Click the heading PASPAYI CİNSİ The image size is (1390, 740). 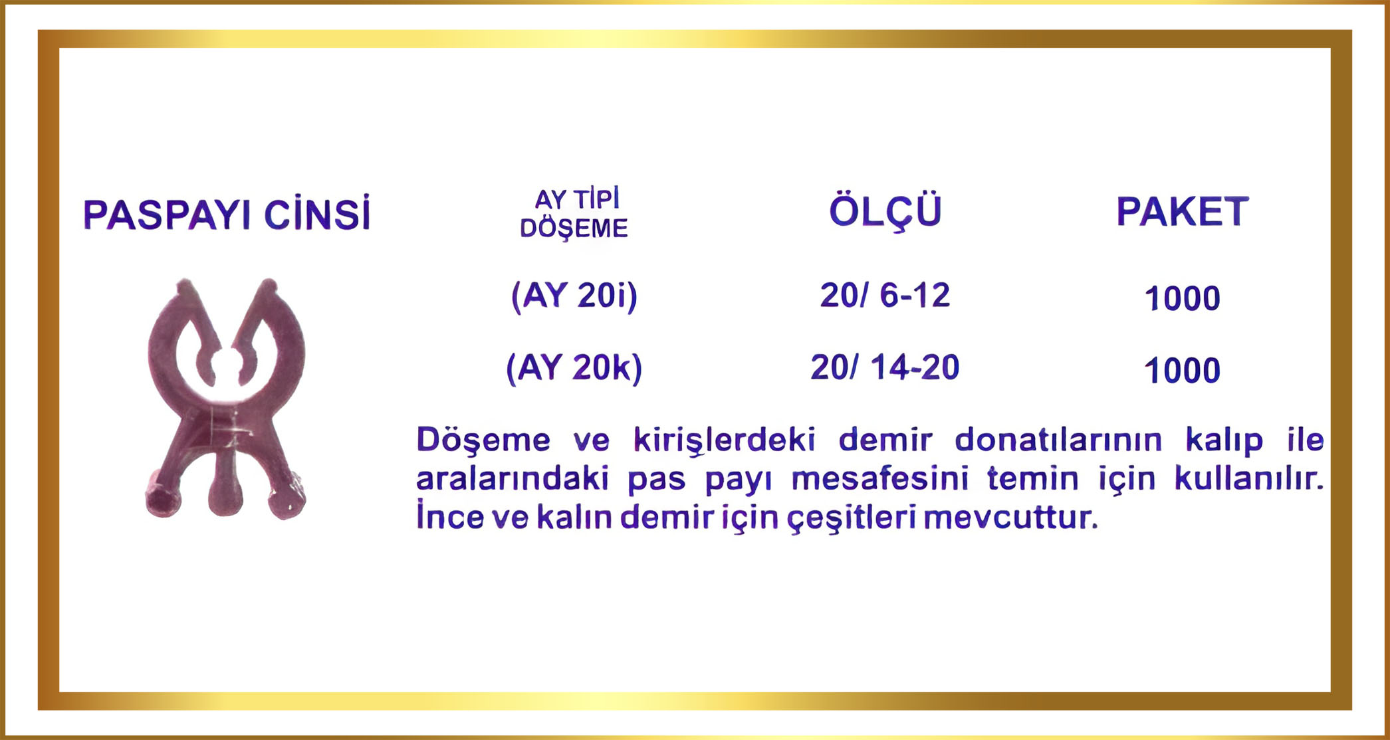pyautogui.click(x=227, y=214)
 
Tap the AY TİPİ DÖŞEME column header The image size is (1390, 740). pyautogui.click(x=574, y=213)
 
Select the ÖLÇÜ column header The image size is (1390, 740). pyautogui.click(x=885, y=211)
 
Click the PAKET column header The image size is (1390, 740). pyautogui.click(x=1182, y=212)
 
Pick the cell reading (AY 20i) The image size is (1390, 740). pyautogui.click(x=574, y=296)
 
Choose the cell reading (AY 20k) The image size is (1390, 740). pyautogui.click(x=574, y=368)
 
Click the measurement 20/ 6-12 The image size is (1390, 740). pyautogui.click(x=885, y=295)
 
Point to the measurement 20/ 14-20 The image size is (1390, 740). pyautogui.click(x=885, y=367)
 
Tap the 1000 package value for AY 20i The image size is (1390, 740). pyautogui.click(x=1182, y=298)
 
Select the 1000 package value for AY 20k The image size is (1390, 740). pyautogui.click(x=1182, y=371)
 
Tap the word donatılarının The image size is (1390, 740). pyautogui.click(x=1058, y=440)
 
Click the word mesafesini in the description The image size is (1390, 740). pyautogui.click(x=879, y=478)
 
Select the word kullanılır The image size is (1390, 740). pyautogui.click(x=1248, y=478)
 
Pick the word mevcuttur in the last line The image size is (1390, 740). pyautogui.click(x=1010, y=517)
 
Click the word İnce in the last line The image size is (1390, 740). pyautogui.click(x=450, y=516)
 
